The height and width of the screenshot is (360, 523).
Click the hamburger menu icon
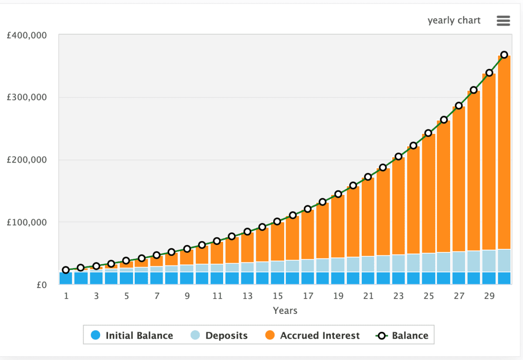tap(503, 20)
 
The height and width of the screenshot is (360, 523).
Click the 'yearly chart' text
tap(454, 20)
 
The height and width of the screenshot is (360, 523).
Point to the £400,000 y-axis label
tap(27, 35)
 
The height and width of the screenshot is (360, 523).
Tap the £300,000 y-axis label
tap(27, 97)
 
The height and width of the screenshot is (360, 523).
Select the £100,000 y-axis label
tap(27, 222)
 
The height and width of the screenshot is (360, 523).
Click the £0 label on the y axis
tap(42, 285)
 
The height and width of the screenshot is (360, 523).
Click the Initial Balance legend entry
tap(132, 336)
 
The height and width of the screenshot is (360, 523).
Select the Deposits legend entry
tap(219, 336)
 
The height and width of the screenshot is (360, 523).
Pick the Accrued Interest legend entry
tap(312, 336)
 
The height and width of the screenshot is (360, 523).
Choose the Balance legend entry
tap(402, 336)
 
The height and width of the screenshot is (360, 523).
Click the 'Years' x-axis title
tap(285, 311)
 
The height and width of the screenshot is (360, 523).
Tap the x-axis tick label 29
tap(489, 296)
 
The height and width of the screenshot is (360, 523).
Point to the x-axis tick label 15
tap(278, 296)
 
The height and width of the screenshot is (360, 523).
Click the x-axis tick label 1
tap(66, 296)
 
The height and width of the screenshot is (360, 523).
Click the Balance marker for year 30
tap(504, 55)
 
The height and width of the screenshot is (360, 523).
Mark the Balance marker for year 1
tap(66, 270)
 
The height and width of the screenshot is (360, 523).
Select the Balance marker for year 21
tap(368, 177)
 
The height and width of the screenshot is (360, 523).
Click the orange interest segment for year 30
tap(504, 153)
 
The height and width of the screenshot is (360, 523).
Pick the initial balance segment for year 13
tap(247, 278)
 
